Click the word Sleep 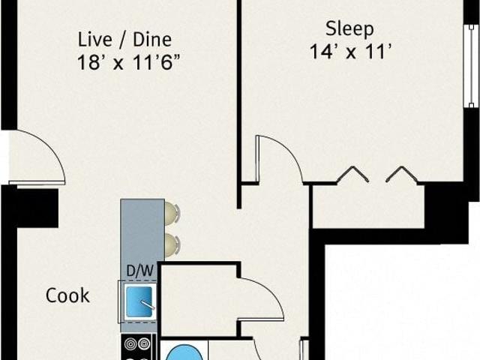pyautogui.click(x=349, y=29)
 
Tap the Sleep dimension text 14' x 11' pyautogui.click(x=350, y=51)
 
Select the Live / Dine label pyautogui.click(x=124, y=40)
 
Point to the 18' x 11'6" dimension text pyautogui.click(x=128, y=62)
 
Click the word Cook pyautogui.click(x=67, y=295)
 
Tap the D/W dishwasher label pyautogui.click(x=139, y=271)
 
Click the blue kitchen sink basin pyautogui.click(x=139, y=301)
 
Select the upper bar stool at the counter pyautogui.click(x=172, y=213)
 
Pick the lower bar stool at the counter pyautogui.click(x=172, y=245)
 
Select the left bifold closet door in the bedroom pyautogui.click(x=353, y=174)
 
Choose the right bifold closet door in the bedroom pyautogui.click(x=402, y=174)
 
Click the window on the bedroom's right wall pyautogui.click(x=471, y=66)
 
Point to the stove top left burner pyautogui.click(x=130, y=343)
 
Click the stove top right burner pyautogui.click(x=144, y=343)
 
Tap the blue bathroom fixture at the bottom pyautogui.click(x=184, y=352)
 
